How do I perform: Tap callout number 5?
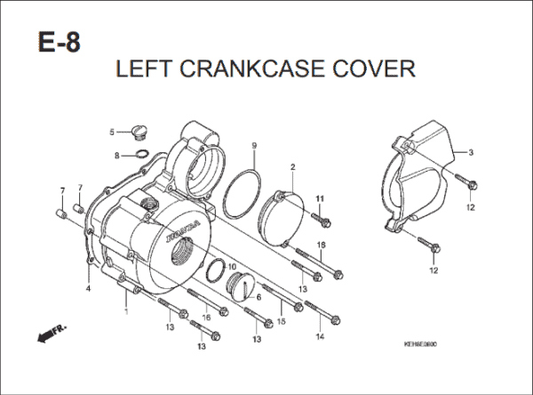tap(112, 133)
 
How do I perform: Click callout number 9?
tap(254, 146)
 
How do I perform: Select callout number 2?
tap(292, 167)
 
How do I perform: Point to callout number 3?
tap(471, 153)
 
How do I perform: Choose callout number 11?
tap(321, 197)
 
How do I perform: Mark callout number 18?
tap(322, 245)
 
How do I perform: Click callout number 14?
tap(319, 338)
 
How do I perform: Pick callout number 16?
tap(205, 318)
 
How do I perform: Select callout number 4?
tap(88, 289)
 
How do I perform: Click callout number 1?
tap(126, 311)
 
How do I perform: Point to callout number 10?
tap(231, 267)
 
